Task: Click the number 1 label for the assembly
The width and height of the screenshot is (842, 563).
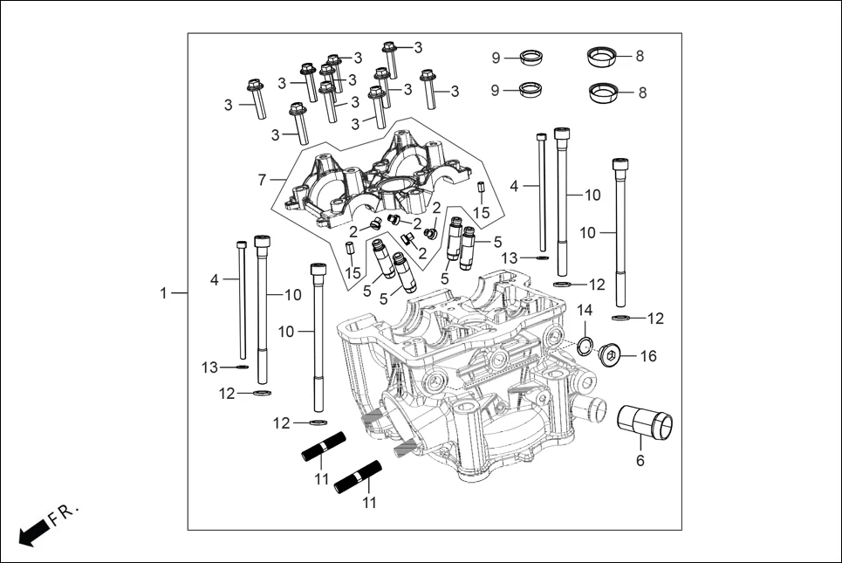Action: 163,293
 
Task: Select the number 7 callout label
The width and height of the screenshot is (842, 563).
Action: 262,180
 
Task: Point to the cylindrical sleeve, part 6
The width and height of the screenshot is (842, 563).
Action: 646,426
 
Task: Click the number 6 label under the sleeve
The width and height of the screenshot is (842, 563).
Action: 640,460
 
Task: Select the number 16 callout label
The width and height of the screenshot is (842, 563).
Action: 648,356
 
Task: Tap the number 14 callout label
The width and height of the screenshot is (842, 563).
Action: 585,311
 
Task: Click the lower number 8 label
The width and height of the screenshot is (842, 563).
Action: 642,93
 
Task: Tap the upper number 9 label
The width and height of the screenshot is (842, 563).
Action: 496,58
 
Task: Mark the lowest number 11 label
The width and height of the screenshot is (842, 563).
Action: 368,503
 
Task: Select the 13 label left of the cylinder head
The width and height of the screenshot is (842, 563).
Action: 209,367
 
